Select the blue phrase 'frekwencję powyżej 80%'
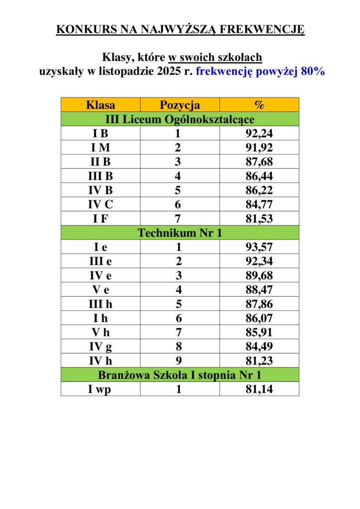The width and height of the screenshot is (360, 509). point(260,71)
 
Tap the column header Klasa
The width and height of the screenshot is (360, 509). point(100,105)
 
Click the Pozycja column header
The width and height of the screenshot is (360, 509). point(180,105)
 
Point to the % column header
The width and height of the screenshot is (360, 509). point(259,105)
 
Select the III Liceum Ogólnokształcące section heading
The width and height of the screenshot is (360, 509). point(180,119)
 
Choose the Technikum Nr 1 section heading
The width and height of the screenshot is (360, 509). point(180,233)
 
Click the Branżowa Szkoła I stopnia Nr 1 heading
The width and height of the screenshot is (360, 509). point(180,375)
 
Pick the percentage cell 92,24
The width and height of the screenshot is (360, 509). point(259,134)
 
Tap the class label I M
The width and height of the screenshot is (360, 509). point(100,148)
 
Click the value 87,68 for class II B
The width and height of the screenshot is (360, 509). point(259,162)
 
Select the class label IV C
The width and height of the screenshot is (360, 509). point(100,204)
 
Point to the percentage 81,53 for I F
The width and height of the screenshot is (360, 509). point(259,219)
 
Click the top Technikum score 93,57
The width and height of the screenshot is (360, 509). point(259,247)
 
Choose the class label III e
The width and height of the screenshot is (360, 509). point(100,261)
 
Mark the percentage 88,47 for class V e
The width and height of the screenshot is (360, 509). point(259,290)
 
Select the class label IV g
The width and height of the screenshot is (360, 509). point(100,346)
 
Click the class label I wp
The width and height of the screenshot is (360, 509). point(100,389)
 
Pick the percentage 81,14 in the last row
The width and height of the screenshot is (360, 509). point(259,389)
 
